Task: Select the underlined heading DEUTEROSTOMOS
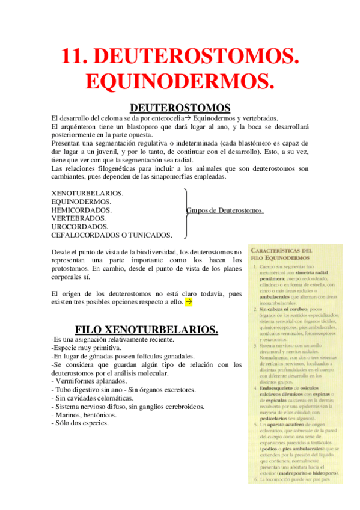click(x=180, y=108)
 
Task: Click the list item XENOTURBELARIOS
click(x=88, y=193)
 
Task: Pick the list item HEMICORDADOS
click(x=82, y=210)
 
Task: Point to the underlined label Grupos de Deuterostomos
click(x=225, y=210)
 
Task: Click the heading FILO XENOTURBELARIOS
click(x=146, y=330)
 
